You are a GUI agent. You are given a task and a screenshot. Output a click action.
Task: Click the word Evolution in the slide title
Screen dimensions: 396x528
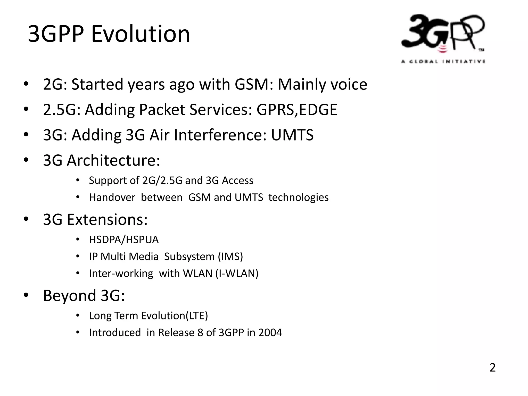(141, 34)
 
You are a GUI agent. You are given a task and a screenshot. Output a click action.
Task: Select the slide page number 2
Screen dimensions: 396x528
(492, 368)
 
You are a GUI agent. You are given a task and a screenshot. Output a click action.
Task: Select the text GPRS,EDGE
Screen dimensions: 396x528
(297, 110)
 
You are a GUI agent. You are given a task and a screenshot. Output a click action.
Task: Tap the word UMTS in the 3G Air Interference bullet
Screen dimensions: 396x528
(292, 135)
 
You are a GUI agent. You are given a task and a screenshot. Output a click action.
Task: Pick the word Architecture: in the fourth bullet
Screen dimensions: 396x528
(113, 160)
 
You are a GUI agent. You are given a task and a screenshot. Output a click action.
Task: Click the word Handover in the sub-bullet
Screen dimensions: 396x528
(112, 197)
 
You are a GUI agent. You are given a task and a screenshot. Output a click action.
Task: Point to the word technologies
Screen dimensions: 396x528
(298, 197)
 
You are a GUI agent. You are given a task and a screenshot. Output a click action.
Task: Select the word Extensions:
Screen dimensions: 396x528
(107, 219)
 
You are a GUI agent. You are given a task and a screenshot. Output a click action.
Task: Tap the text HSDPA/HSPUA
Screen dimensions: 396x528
(124, 240)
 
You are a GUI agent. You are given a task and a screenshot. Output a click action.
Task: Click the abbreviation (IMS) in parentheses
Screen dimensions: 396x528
(230, 257)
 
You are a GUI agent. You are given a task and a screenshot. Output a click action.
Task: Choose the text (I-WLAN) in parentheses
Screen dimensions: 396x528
(237, 274)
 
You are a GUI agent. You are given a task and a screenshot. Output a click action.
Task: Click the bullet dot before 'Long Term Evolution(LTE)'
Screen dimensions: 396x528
(78, 315)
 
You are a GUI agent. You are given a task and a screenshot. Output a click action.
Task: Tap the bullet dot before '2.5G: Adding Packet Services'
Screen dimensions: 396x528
(26, 110)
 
